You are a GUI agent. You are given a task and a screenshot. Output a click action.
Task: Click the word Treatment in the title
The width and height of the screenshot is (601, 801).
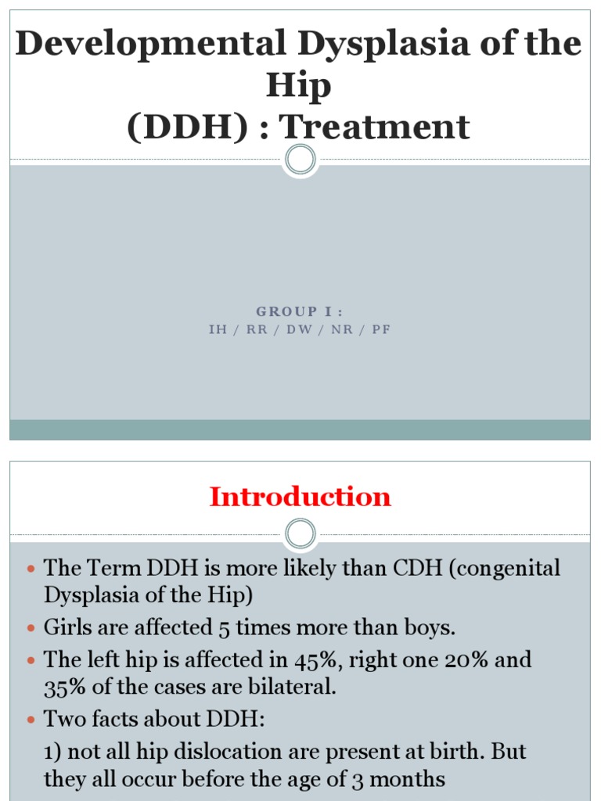tap(376, 128)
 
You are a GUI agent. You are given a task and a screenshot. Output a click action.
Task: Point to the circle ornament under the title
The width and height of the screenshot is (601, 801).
tap(300, 160)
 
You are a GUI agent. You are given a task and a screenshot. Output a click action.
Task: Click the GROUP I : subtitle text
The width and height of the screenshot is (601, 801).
tap(300, 312)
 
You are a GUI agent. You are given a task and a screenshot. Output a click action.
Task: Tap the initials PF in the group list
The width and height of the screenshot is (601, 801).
tap(381, 330)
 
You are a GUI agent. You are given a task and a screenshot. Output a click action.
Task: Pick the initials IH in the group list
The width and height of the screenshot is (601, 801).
tap(218, 330)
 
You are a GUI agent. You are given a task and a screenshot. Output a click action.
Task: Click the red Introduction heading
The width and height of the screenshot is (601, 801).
tap(300, 497)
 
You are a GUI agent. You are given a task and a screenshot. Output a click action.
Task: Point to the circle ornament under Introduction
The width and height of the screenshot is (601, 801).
tap(300, 535)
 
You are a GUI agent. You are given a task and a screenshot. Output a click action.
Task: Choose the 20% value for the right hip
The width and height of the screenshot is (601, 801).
tap(463, 659)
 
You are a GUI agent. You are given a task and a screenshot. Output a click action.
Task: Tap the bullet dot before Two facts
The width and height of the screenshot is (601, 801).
tap(31, 720)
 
